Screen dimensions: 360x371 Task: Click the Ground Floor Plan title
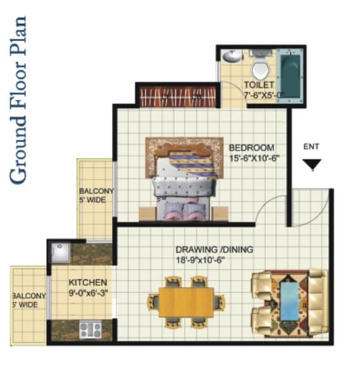[x=18, y=100]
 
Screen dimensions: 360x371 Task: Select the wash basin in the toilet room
[x=232, y=56]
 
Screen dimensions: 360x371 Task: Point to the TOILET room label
[x=259, y=85]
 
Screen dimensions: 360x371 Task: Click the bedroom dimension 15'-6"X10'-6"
[x=254, y=158]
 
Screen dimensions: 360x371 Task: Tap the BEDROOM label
[x=252, y=148]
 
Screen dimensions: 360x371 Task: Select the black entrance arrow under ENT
[x=312, y=164]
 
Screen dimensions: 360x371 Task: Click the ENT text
[x=311, y=147]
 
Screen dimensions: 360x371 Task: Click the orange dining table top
[x=186, y=302]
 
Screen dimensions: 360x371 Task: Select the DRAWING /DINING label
[x=214, y=250]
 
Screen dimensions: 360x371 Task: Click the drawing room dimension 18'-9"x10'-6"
[x=200, y=260]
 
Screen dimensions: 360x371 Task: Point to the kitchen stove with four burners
[x=90, y=329]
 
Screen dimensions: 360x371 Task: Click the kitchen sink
[x=61, y=253]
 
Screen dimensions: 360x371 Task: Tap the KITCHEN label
[x=88, y=283]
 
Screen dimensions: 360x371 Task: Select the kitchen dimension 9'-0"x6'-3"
[x=89, y=293]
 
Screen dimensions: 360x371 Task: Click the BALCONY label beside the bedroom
[x=96, y=191]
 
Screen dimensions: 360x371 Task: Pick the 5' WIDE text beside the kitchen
[x=25, y=305]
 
